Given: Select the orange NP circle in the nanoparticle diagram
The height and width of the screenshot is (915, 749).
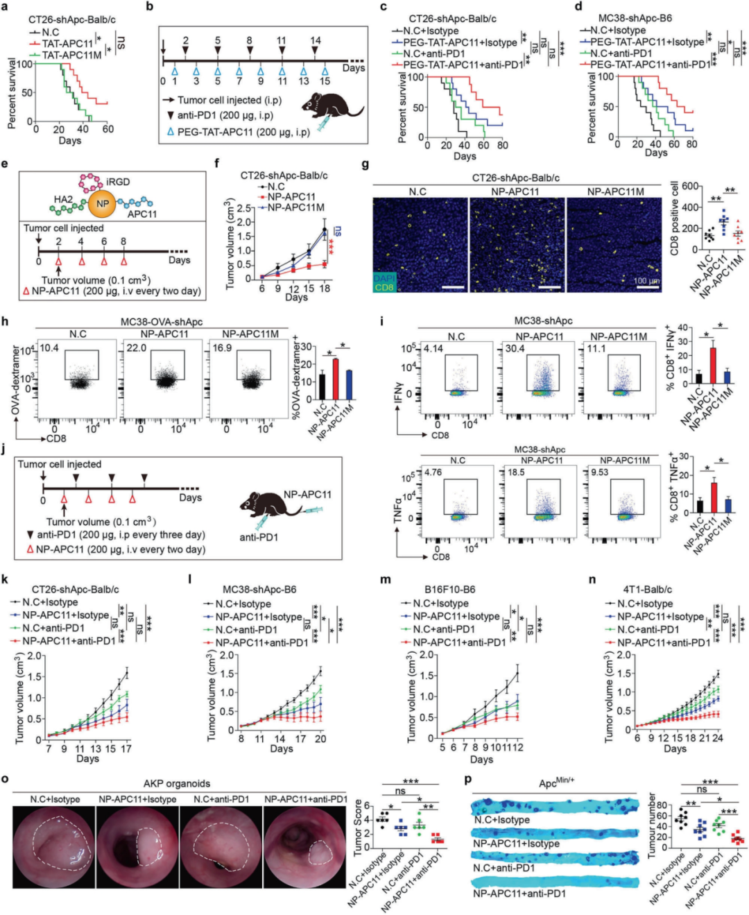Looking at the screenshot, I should [102, 203].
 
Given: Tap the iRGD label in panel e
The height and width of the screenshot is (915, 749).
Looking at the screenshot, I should [118, 182].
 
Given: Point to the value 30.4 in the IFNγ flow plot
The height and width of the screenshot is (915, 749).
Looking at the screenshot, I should [515, 348].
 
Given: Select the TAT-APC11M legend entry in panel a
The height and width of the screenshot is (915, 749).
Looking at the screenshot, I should [71, 55].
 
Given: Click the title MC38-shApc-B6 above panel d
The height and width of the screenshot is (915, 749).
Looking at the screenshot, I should [635, 18].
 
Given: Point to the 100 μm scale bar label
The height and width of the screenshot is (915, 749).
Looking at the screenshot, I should [646, 281].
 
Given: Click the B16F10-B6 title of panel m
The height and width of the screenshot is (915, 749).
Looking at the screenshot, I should [451, 590].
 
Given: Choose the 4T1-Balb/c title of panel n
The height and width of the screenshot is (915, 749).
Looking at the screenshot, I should [647, 590].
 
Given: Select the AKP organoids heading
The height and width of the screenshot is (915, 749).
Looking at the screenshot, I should [176, 783].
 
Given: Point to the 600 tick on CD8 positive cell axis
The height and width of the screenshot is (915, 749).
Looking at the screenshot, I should [689, 186].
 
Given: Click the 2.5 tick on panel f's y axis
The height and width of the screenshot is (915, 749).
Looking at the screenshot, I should [243, 208].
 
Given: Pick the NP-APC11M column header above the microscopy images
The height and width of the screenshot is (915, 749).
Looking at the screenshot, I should [615, 191].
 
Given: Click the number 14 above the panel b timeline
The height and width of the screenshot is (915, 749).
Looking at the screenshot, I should [316, 41].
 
